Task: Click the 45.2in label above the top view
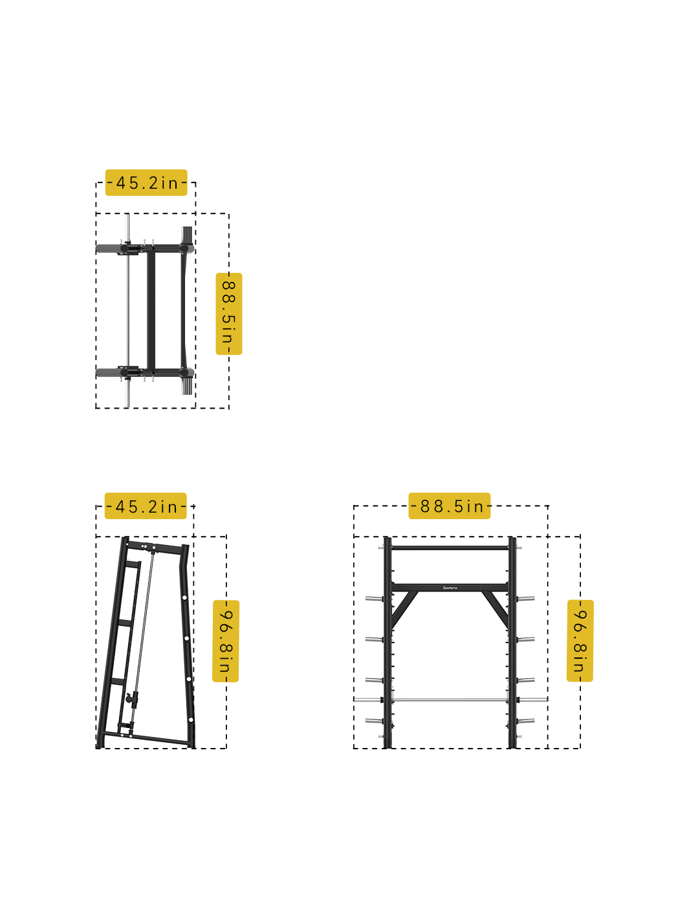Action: point(146,183)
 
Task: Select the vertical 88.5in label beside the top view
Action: point(228,314)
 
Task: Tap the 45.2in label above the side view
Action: point(146,506)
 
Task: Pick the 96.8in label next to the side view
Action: point(226,641)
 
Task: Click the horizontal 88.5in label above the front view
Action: point(450,506)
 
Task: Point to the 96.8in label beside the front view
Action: point(580,640)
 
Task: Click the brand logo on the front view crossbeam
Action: point(450,588)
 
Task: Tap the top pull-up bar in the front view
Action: point(450,548)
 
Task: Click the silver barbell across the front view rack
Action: point(450,699)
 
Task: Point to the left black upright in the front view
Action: point(388,646)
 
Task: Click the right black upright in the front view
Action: point(512,646)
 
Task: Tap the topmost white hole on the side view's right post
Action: point(184,597)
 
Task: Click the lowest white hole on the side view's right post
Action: point(191,719)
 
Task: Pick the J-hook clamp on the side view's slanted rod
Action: point(133,698)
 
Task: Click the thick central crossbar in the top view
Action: point(151,310)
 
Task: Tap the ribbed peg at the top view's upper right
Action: point(187,234)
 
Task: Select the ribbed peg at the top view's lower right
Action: point(187,387)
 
